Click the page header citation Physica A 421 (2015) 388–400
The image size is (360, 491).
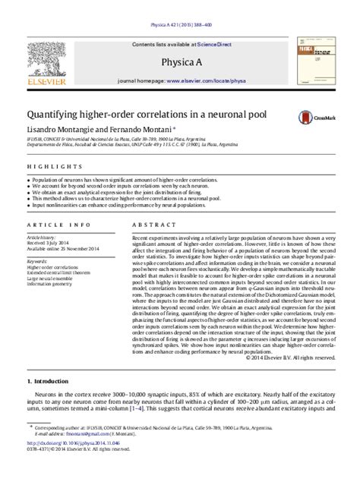179,6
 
